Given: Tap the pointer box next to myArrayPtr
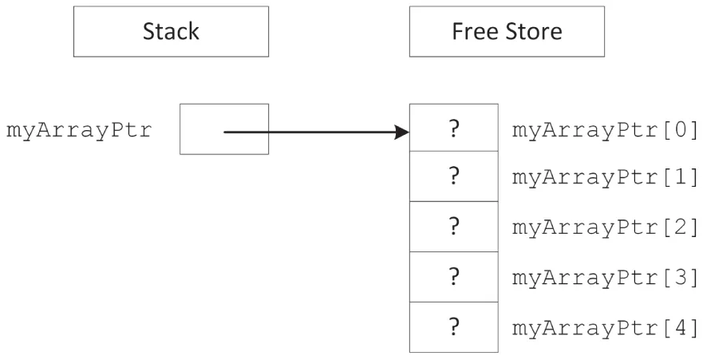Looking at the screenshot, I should pyautogui.click(x=224, y=129).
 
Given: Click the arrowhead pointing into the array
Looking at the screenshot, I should pyautogui.click(x=402, y=132).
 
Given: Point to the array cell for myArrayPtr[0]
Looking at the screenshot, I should pyautogui.click(x=454, y=129).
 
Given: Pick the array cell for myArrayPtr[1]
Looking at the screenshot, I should pyautogui.click(x=454, y=177).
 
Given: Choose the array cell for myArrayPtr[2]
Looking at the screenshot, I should pyautogui.click(x=454, y=227).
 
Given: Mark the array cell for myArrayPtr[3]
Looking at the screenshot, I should pyautogui.click(x=454, y=276).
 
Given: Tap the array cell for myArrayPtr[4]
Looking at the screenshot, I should pyautogui.click(x=454, y=326).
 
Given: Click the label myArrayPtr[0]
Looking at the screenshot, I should pyautogui.click(x=606, y=129).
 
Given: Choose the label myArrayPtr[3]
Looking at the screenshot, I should pyautogui.click(x=606, y=278).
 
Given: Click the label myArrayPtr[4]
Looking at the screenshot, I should pyautogui.click(x=606, y=327).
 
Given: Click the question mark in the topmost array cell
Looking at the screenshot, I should pyautogui.click(x=454, y=129).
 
